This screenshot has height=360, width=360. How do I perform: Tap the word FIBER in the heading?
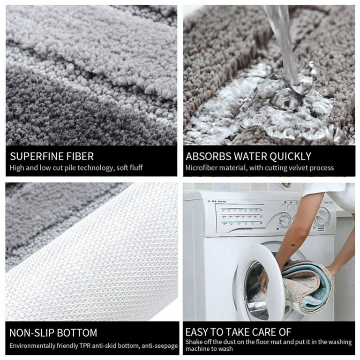point(80,156)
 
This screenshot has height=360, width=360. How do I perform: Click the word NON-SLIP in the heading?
point(32,333)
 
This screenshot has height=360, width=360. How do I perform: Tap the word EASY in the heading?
point(199,332)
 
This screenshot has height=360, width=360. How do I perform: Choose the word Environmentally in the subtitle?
point(31,345)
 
